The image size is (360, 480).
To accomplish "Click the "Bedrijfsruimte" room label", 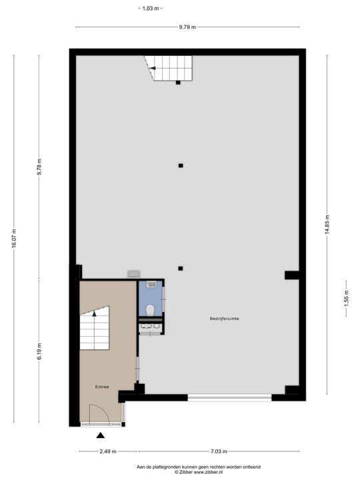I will click(x=225, y=319).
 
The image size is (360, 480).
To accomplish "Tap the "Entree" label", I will click(x=101, y=386).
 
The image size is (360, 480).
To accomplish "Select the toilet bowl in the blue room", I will click(x=151, y=309).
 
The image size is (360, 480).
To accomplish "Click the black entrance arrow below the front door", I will click(x=100, y=436).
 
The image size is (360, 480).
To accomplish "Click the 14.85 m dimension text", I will click(x=327, y=225).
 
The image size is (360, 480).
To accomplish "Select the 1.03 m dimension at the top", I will click(x=151, y=8).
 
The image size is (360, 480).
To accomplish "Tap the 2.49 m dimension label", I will click(x=99, y=452).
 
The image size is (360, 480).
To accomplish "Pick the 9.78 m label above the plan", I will click(x=187, y=27).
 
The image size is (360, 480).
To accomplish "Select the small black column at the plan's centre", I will click(x=181, y=165).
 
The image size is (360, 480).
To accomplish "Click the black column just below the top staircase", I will click(x=178, y=83).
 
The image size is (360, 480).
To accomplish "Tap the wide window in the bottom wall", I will click(x=229, y=398).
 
